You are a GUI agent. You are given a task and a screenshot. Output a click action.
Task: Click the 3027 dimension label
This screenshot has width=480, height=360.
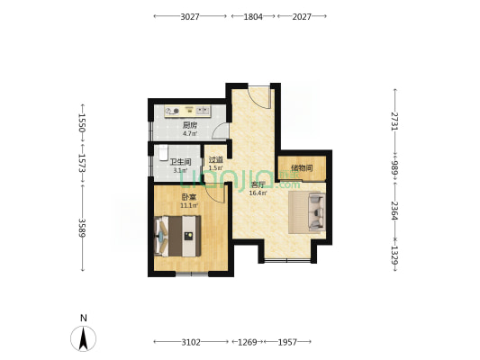point(190,16)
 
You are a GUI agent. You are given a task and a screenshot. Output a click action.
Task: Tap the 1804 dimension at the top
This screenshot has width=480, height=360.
point(253,16)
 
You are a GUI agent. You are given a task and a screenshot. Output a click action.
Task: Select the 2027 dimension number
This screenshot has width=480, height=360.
point(302,16)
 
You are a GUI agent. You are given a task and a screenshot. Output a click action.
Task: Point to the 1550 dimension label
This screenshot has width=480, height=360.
point(82,122)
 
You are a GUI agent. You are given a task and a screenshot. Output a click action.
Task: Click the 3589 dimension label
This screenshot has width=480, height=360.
point(82,228)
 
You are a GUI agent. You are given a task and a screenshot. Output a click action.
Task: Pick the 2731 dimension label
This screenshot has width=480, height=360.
point(395,121)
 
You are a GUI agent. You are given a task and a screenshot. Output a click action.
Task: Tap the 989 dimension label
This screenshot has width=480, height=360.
point(395,167)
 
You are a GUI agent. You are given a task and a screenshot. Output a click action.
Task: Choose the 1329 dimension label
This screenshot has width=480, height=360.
point(395,255)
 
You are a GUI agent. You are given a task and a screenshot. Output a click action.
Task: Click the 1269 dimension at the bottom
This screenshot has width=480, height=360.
point(248,342)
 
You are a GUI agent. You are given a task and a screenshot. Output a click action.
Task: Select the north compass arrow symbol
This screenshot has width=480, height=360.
point(83,338)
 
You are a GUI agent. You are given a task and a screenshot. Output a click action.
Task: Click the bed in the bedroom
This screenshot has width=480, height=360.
point(177,236)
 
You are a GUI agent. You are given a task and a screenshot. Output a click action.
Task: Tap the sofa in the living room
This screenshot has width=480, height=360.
point(316,211)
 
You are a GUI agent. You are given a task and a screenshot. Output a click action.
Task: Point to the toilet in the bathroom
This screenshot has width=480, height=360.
point(164,153)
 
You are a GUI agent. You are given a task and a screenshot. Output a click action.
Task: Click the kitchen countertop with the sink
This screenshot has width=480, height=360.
point(187,112)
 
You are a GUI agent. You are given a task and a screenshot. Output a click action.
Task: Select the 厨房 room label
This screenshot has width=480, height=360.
point(190,125)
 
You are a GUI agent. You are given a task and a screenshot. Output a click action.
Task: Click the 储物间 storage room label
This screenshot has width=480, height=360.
point(302,168)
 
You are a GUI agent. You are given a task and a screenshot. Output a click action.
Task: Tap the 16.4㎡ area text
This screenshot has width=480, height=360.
point(258,193)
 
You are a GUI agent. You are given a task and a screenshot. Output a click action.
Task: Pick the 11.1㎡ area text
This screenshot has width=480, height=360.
point(189,205)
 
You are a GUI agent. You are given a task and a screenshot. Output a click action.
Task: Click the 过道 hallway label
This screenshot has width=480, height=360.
point(216,159)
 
